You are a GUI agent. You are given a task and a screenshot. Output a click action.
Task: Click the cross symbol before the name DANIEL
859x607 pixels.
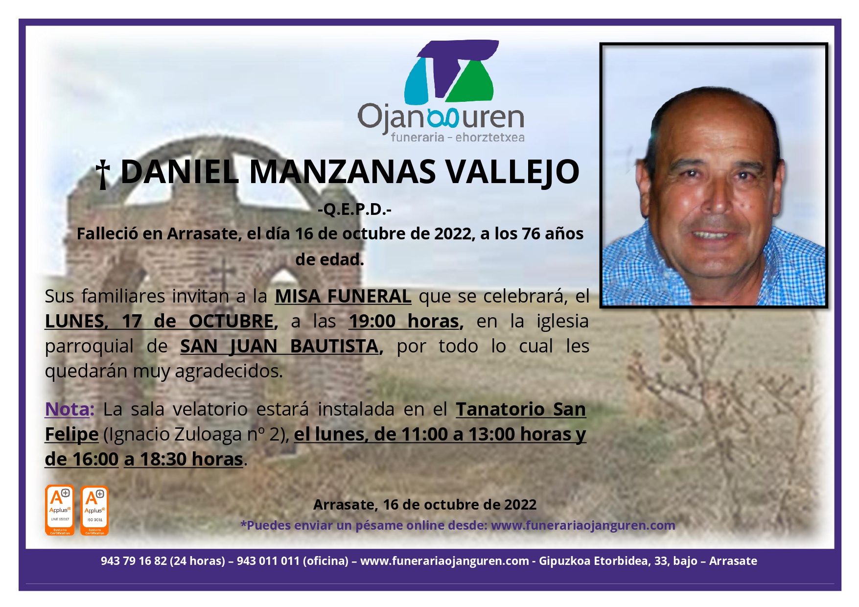[x=103, y=174]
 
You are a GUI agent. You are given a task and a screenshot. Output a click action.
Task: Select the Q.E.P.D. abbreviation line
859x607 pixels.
[x=354, y=210]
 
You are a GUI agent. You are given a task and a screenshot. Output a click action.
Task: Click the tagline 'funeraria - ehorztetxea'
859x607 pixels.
[x=458, y=138]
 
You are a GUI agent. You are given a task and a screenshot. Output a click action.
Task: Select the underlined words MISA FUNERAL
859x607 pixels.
[x=343, y=296]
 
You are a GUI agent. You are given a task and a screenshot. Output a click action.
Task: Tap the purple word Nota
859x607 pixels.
[x=69, y=409]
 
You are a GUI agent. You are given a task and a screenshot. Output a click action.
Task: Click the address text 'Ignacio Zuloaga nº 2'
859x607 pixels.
[x=196, y=434]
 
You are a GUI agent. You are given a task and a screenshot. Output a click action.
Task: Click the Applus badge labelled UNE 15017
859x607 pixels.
[x=60, y=510]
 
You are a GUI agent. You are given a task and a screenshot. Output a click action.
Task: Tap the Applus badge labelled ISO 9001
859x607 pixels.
[x=94, y=510]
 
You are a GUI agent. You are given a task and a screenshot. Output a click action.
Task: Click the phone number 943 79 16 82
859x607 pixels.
[x=134, y=561]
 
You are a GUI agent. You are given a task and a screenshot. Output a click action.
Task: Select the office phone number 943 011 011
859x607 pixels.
[x=268, y=561]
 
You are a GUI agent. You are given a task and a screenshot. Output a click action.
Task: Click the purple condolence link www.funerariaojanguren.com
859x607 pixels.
[x=583, y=525]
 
